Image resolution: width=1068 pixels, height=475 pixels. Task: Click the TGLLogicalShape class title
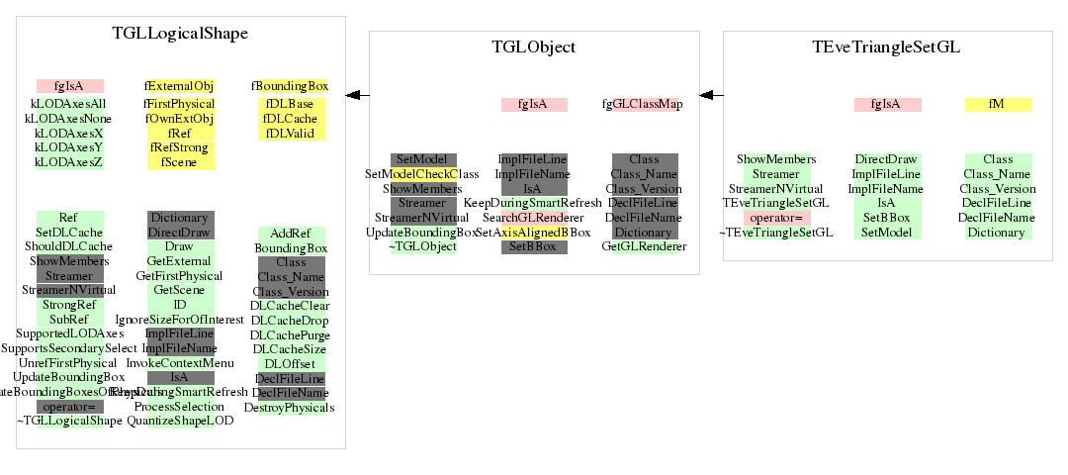[x=180, y=34]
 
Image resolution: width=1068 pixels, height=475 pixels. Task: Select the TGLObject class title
[x=534, y=47]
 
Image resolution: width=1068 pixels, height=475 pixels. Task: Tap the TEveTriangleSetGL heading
[x=886, y=47]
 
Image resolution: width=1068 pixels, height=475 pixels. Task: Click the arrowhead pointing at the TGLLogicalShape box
[x=352, y=95]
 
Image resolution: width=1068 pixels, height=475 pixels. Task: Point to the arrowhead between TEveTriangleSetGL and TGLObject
[x=706, y=95]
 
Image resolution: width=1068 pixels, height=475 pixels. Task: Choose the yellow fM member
[x=998, y=104]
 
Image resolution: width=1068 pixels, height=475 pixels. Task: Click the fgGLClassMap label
[x=642, y=104]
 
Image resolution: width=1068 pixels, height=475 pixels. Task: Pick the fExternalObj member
[x=180, y=86]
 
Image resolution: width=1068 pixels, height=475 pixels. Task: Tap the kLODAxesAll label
[x=69, y=104]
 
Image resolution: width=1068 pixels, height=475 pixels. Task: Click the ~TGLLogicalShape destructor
[x=69, y=421]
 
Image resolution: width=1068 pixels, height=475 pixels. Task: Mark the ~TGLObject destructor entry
[x=422, y=246]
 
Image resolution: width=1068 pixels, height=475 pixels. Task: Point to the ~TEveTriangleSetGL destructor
[x=775, y=233]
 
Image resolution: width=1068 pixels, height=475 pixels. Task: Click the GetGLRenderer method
[x=644, y=246]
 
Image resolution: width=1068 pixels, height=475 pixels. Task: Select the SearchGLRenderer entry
[x=534, y=218]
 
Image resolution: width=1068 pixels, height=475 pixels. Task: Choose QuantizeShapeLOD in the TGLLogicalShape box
[x=180, y=421]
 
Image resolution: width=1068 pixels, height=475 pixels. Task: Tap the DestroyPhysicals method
[x=290, y=407]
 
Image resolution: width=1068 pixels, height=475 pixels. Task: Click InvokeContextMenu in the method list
[x=180, y=363]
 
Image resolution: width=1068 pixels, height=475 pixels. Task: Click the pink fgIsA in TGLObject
[x=534, y=104]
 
